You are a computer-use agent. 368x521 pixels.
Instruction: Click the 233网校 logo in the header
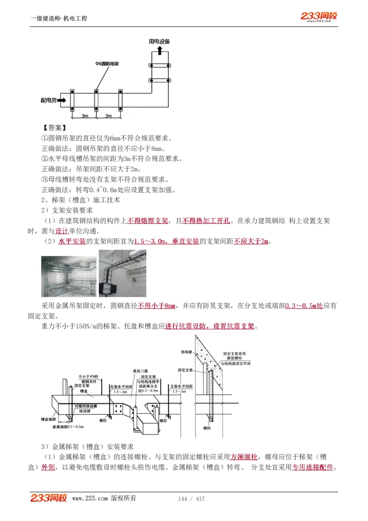point(319,16)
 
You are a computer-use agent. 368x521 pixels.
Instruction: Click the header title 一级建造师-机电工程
point(59,18)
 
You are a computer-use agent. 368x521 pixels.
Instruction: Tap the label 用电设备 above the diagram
point(159,41)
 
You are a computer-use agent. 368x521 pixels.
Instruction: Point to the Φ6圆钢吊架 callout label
point(107,64)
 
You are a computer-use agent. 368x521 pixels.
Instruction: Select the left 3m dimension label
point(85,116)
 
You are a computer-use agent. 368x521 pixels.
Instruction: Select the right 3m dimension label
point(109,116)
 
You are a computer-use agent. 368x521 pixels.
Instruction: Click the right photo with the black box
point(122,273)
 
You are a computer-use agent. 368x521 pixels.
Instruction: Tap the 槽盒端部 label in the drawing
point(48,419)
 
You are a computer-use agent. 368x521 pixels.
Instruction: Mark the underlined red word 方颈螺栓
point(244,457)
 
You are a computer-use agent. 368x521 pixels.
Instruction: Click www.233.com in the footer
point(90,499)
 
